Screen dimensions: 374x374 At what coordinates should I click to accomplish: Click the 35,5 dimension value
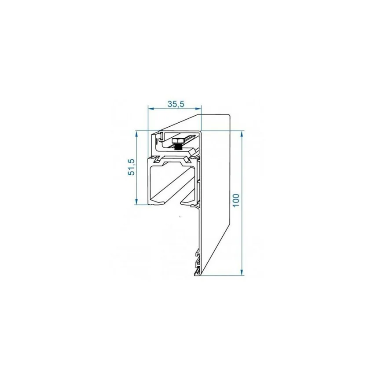[x=176, y=104]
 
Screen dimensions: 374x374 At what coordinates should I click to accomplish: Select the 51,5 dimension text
[x=132, y=167]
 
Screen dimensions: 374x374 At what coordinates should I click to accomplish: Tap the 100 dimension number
[x=236, y=200]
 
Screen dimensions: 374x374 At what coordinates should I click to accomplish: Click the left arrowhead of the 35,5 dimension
[x=151, y=109]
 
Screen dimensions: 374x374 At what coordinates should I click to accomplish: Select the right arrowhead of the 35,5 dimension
[x=198, y=109]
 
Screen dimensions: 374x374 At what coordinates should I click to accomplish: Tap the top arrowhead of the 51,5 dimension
[x=136, y=134]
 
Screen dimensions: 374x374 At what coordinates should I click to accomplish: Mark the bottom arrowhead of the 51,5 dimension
[x=136, y=202]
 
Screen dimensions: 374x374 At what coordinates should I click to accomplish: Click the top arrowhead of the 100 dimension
[x=242, y=134]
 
